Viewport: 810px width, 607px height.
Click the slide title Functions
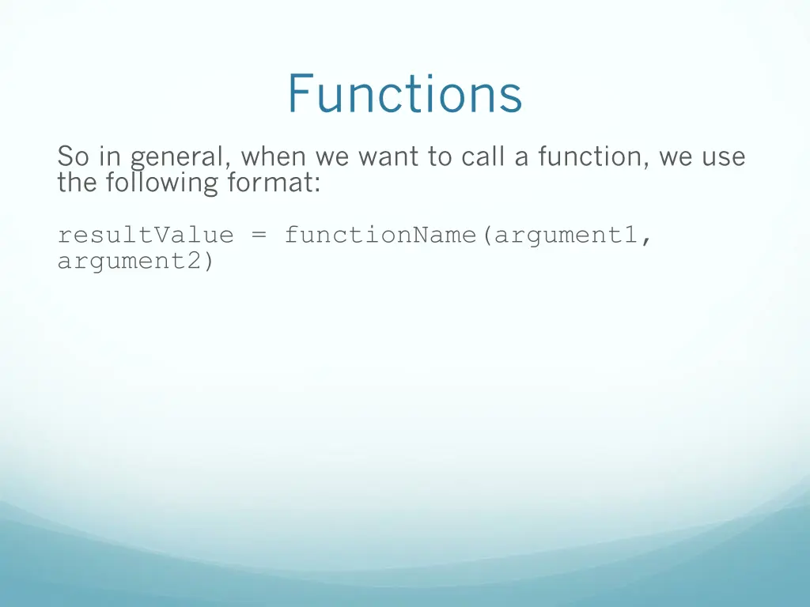[x=404, y=93]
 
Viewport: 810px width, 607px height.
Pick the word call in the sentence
[x=481, y=157]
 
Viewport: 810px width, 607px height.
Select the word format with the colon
[x=274, y=183]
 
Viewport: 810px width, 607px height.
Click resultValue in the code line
[x=146, y=235]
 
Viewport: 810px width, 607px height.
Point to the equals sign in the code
[x=259, y=236]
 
